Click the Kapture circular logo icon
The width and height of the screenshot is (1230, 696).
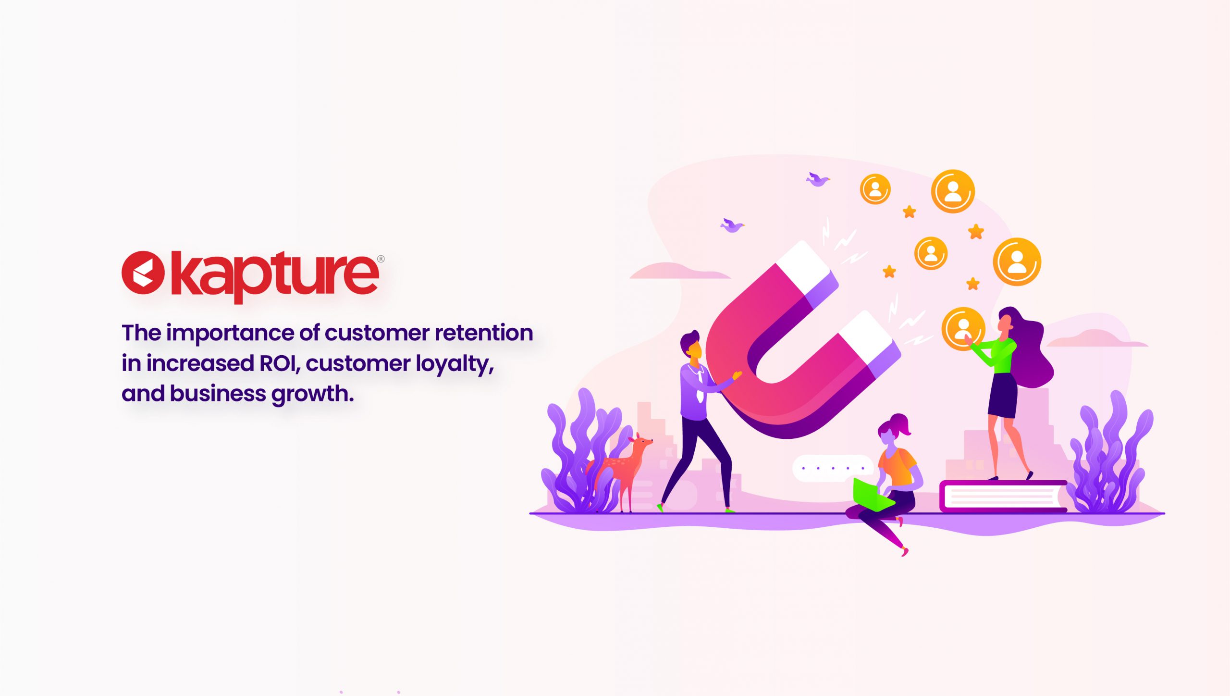143,273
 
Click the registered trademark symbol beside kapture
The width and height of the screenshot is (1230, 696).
381,259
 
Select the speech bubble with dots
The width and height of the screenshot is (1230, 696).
833,468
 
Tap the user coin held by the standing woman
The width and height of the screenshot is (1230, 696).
963,329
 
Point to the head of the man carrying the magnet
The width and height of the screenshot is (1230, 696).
692,344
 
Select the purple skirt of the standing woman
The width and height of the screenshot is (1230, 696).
1003,396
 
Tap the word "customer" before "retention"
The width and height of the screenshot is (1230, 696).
377,333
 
